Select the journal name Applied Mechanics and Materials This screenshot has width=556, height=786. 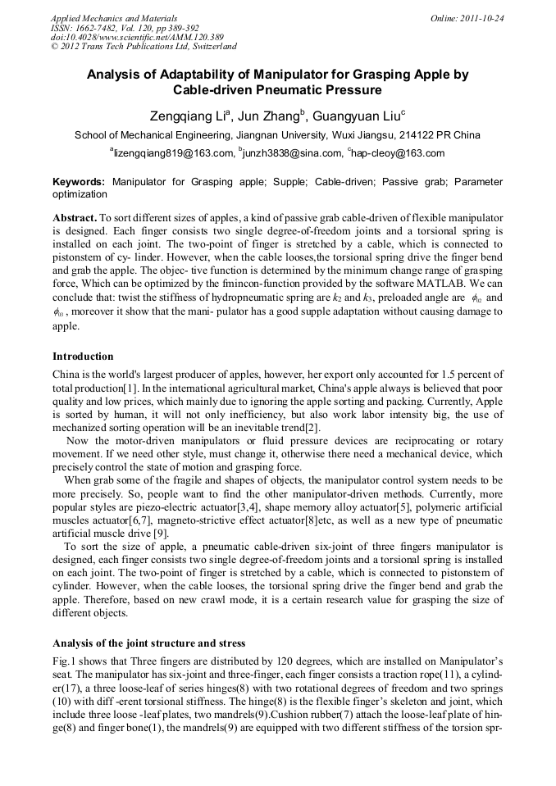tap(114, 18)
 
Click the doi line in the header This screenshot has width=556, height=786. tap(136, 37)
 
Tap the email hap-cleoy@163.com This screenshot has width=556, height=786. tap(397, 153)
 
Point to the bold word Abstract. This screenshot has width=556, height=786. tap(75, 218)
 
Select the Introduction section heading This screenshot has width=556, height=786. tap(83, 357)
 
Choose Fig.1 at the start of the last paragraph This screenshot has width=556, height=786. tap(64, 661)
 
